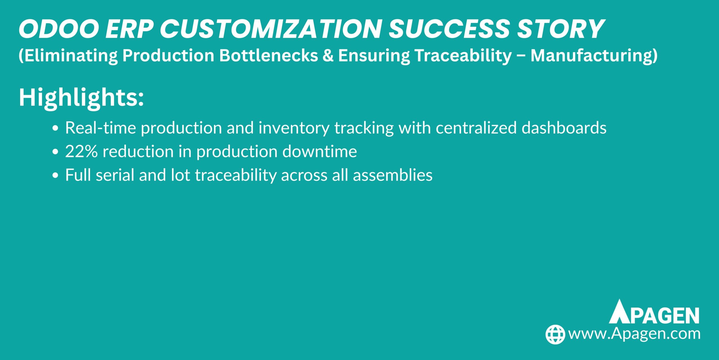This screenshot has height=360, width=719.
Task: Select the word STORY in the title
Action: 560,29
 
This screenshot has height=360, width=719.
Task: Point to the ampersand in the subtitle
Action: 328,55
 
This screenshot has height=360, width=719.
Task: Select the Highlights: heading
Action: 81,98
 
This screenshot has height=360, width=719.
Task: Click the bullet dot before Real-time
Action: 56,128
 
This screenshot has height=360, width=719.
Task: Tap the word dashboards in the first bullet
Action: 564,128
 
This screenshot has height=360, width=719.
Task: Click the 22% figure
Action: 81,152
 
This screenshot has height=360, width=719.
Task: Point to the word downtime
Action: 319,152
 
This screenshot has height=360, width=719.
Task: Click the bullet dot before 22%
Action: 56,152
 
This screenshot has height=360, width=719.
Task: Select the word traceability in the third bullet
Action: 236,175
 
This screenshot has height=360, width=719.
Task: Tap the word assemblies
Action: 392,175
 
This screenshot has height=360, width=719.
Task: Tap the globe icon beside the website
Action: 555,334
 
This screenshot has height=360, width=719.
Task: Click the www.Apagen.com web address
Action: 634,334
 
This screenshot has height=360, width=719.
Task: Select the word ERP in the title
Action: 129,29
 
